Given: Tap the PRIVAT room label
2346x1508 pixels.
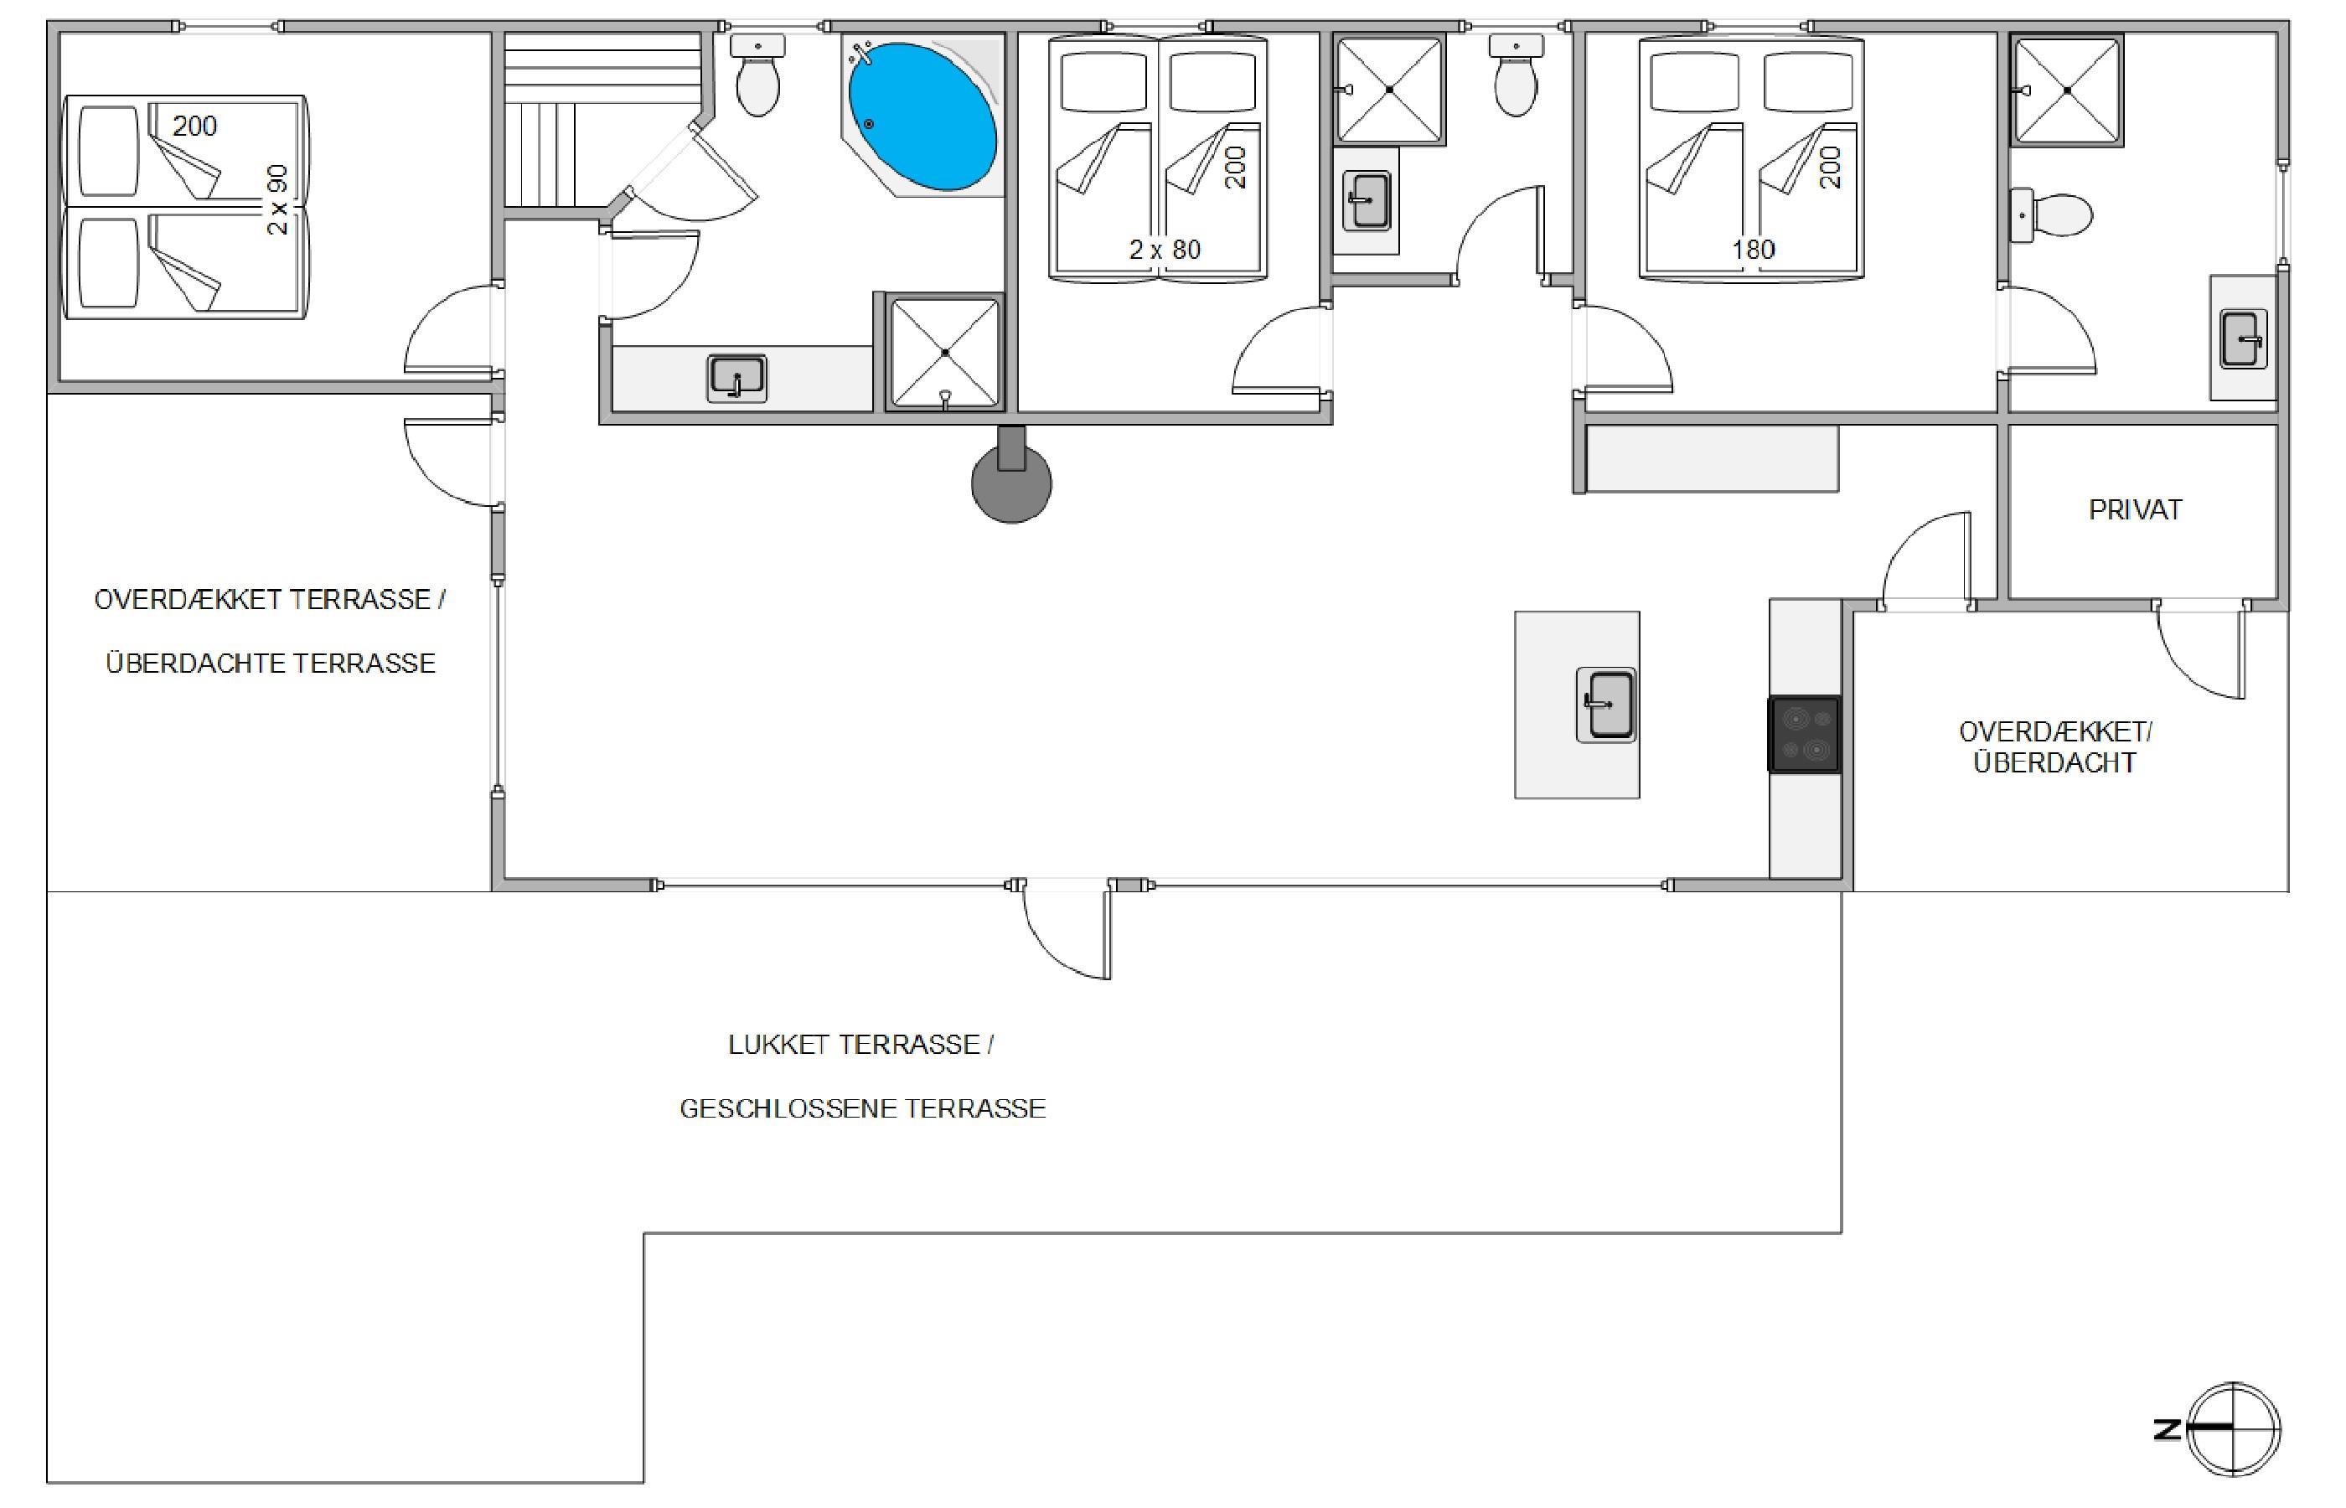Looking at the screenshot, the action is point(2136,510).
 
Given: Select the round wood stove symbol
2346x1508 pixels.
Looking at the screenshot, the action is point(1011,478).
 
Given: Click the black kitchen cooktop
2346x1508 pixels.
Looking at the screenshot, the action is point(1805,735).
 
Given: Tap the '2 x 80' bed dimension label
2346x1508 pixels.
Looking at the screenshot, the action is point(1165,250).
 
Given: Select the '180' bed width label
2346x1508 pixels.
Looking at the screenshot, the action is point(1753,250).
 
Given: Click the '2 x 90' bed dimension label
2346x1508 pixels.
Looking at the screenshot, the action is point(278,199).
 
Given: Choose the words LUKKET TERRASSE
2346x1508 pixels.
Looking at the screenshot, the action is point(854,1045).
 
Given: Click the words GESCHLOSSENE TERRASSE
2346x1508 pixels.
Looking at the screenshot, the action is point(863,1108).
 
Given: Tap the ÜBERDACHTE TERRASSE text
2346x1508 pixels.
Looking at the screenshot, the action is point(271,663).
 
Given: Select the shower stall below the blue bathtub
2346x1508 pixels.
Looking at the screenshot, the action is point(945,353).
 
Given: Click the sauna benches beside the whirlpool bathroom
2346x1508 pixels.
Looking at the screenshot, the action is point(603,120).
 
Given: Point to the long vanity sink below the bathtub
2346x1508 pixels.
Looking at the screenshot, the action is point(736,379).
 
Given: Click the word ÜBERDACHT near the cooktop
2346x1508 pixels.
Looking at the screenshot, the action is point(2054,763).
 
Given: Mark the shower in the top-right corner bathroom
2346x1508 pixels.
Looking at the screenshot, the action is point(2067,90).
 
